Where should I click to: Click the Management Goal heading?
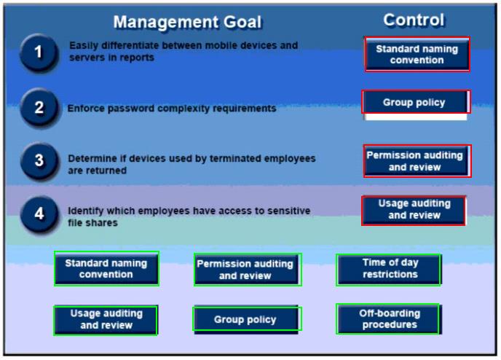pos(187,22)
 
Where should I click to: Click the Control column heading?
pos(414,20)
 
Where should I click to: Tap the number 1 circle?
pos(39,52)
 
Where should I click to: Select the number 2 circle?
pos(39,107)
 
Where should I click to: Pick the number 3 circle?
pos(39,161)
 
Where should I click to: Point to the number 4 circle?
pos(39,214)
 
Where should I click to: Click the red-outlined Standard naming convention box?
pos(417,54)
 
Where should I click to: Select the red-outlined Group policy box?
pos(416,102)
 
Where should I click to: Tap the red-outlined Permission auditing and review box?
pos(417,161)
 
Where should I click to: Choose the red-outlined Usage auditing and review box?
pos(414,211)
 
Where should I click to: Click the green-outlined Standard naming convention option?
pos(106,268)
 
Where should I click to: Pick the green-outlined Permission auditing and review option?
pos(248,270)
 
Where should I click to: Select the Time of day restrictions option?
pos(389,270)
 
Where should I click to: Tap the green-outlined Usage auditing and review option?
pos(106,320)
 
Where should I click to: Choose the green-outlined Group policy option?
pos(247,319)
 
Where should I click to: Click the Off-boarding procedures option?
pos(388,319)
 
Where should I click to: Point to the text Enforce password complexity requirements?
pos(172,109)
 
